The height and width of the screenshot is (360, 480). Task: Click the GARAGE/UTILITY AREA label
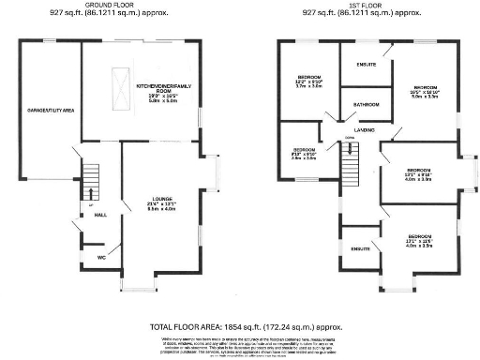47,110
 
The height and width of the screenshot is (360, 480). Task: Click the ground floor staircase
91,176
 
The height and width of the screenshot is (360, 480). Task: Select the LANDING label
364,129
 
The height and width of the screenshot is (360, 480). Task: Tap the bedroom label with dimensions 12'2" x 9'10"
310,77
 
